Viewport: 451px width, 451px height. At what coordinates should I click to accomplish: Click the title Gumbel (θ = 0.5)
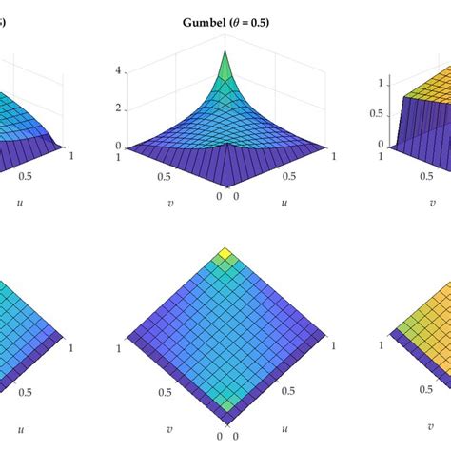(225, 23)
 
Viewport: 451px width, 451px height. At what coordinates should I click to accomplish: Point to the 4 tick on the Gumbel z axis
(120, 70)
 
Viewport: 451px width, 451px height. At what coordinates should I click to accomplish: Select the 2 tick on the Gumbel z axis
(120, 108)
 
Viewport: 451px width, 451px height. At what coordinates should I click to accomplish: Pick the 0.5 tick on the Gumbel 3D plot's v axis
(168, 177)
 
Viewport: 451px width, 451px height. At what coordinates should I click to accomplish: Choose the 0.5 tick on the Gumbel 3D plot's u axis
(281, 176)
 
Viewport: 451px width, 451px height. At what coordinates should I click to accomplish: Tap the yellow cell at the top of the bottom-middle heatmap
(225, 254)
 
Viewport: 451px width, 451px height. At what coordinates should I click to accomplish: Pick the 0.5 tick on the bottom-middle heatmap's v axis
(168, 391)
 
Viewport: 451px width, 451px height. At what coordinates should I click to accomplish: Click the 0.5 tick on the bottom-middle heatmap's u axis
(281, 391)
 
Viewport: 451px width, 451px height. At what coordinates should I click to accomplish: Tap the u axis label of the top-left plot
(18, 203)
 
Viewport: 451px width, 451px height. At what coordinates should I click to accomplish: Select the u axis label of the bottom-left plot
(18, 417)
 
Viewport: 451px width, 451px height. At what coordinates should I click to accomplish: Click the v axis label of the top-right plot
(434, 203)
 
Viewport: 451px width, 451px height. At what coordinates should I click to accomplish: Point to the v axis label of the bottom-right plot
(434, 417)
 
